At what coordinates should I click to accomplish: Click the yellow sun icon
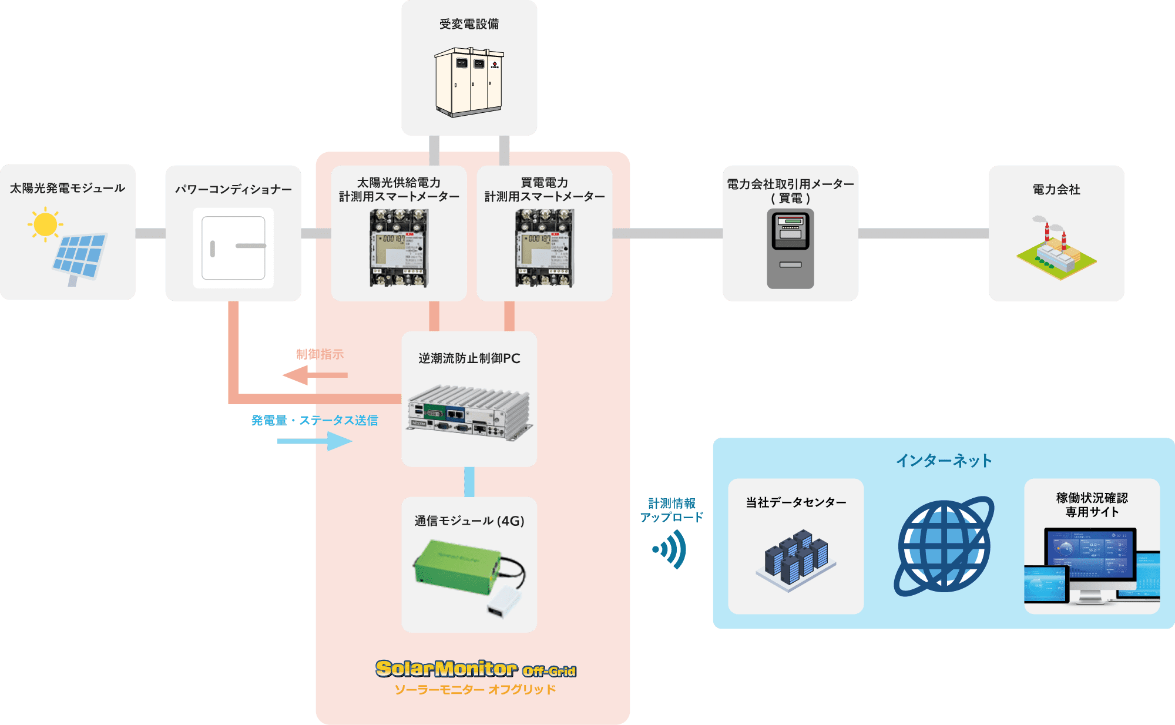(45, 224)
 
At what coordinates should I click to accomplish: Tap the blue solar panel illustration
(79, 256)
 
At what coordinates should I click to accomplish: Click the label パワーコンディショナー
(233, 189)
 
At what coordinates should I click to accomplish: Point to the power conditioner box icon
(233, 248)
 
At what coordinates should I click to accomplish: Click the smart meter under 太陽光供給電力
(399, 249)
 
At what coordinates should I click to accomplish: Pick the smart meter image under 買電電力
(544, 249)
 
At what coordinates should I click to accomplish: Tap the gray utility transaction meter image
(790, 249)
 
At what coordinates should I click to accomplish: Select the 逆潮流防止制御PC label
(469, 358)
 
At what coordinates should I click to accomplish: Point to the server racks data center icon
(795, 558)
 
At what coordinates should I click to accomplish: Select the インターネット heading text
(944, 461)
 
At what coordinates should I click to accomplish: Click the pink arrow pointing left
(300, 375)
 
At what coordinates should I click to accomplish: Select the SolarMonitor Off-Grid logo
(475, 669)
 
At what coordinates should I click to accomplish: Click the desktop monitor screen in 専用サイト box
(1090, 555)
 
